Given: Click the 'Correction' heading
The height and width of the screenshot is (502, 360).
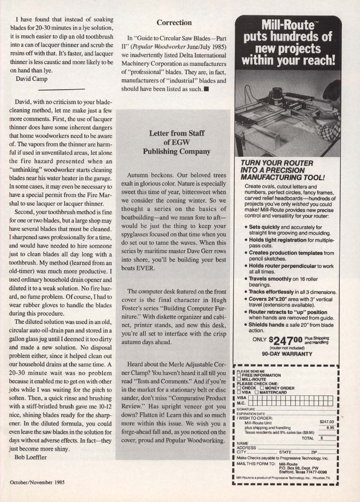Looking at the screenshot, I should coord(174,22).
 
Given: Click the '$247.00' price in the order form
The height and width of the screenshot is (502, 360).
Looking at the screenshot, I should coord(325,409).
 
